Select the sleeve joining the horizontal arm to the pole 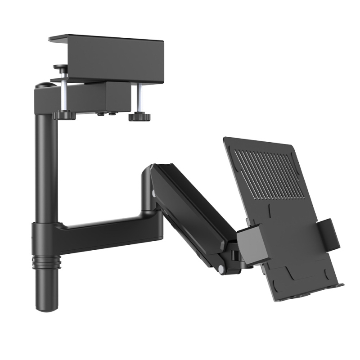point(45,236)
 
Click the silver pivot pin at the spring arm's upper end point(154,193)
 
